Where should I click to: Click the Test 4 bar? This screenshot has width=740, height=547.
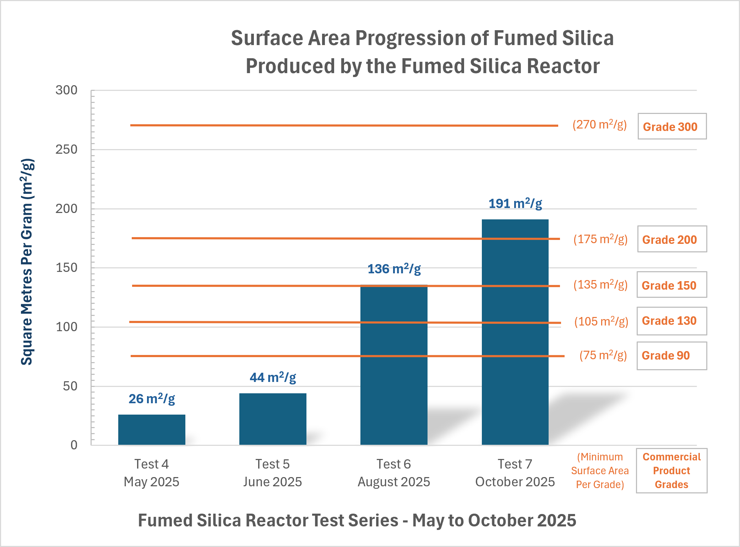(x=152, y=430)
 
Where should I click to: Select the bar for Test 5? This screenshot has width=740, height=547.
(x=273, y=419)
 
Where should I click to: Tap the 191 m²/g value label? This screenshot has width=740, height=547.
(x=515, y=204)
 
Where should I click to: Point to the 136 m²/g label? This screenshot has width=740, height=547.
(x=394, y=269)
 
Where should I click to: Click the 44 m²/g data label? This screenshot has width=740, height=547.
(x=273, y=377)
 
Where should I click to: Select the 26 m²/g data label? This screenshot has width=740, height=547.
(x=152, y=399)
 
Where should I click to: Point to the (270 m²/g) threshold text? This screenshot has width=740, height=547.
(x=599, y=125)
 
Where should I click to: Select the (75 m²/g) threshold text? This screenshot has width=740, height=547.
(x=603, y=355)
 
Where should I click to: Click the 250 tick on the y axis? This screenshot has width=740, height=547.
(x=66, y=149)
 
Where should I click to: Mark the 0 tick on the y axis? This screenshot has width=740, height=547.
(x=74, y=445)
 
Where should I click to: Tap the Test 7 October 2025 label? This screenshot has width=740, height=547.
(x=515, y=473)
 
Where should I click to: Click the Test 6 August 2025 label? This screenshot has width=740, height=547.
(x=394, y=473)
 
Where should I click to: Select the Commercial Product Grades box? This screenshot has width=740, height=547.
(x=671, y=471)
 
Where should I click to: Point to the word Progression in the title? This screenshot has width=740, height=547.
(x=410, y=38)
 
